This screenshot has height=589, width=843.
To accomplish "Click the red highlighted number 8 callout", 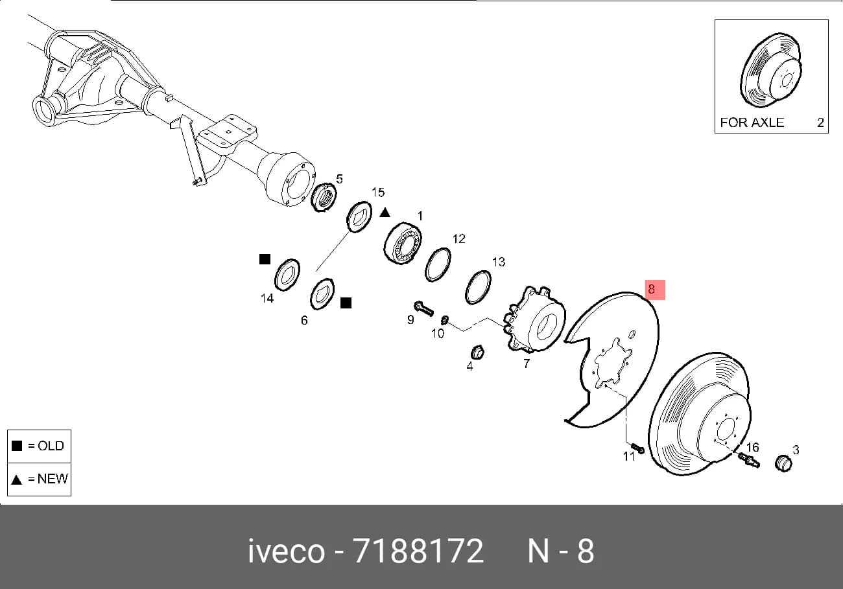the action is (x=655, y=290).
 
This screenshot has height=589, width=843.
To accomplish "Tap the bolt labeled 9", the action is (x=423, y=308).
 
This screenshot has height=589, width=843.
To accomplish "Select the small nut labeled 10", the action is (x=444, y=320).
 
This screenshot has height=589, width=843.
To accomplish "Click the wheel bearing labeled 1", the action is (x=403, y=244).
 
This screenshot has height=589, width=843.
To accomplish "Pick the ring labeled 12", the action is (x=438, y=264).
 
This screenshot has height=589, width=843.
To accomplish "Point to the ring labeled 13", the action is (x=478, y=287).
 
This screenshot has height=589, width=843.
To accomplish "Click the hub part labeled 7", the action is (x=534, y=319).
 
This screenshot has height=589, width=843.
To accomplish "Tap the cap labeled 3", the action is (x=784, y=463).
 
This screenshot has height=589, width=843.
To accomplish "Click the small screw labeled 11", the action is (x=638, y=448).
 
